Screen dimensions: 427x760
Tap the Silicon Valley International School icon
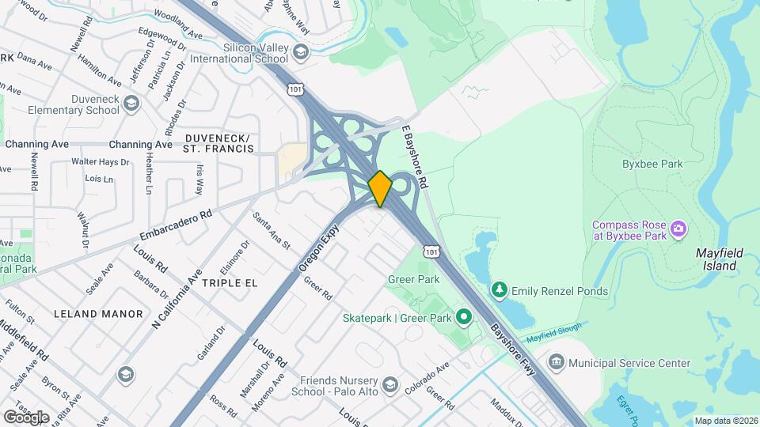coord(300,52)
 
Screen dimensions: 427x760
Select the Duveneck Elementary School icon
coord(131,104)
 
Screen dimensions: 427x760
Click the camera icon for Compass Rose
coord(678,229)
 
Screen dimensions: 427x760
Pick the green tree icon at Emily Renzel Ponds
coord(499,291)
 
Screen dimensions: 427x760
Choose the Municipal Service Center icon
coord(557,363)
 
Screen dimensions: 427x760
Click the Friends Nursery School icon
coord(389,385)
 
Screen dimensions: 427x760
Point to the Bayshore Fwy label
coord(514,342)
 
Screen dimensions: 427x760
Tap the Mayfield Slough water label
coord(553,331)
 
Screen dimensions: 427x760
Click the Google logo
coord(27,417)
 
